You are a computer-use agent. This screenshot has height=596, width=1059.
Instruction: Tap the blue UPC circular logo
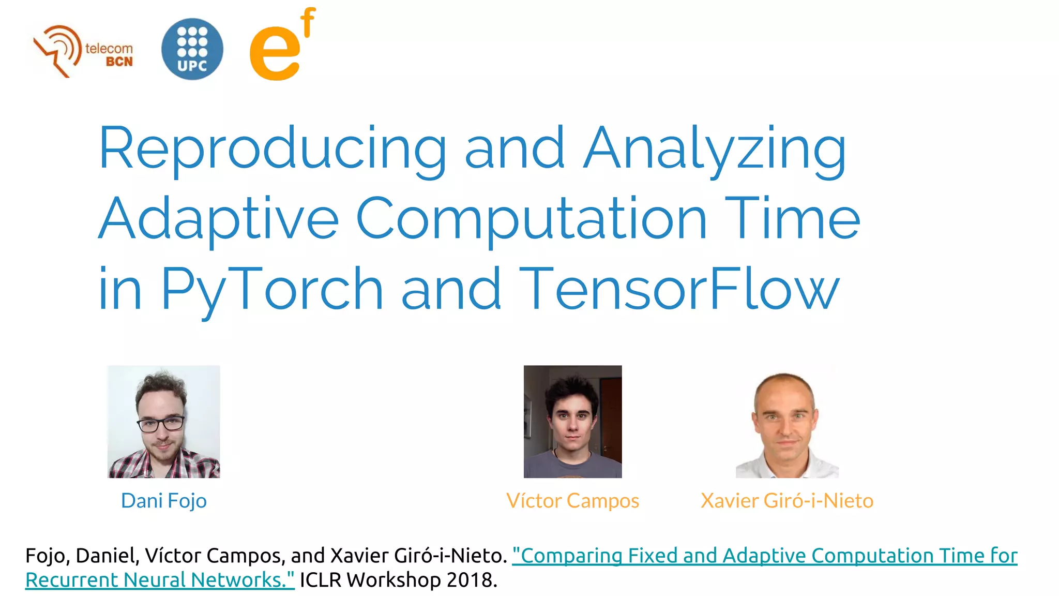point(192,49)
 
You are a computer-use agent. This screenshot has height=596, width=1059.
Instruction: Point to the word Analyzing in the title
point(715,148)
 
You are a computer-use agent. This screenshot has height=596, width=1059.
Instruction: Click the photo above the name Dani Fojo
point(163,422)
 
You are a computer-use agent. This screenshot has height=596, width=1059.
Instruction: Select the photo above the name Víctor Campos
point(572,422)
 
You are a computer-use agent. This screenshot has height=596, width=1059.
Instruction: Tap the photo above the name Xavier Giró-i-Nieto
point(786,422)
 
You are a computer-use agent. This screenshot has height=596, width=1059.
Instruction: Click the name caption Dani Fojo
point(163,501)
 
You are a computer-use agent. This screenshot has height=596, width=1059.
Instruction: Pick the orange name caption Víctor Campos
point(572,501)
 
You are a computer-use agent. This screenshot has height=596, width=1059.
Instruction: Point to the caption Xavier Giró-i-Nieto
point(786,501)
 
